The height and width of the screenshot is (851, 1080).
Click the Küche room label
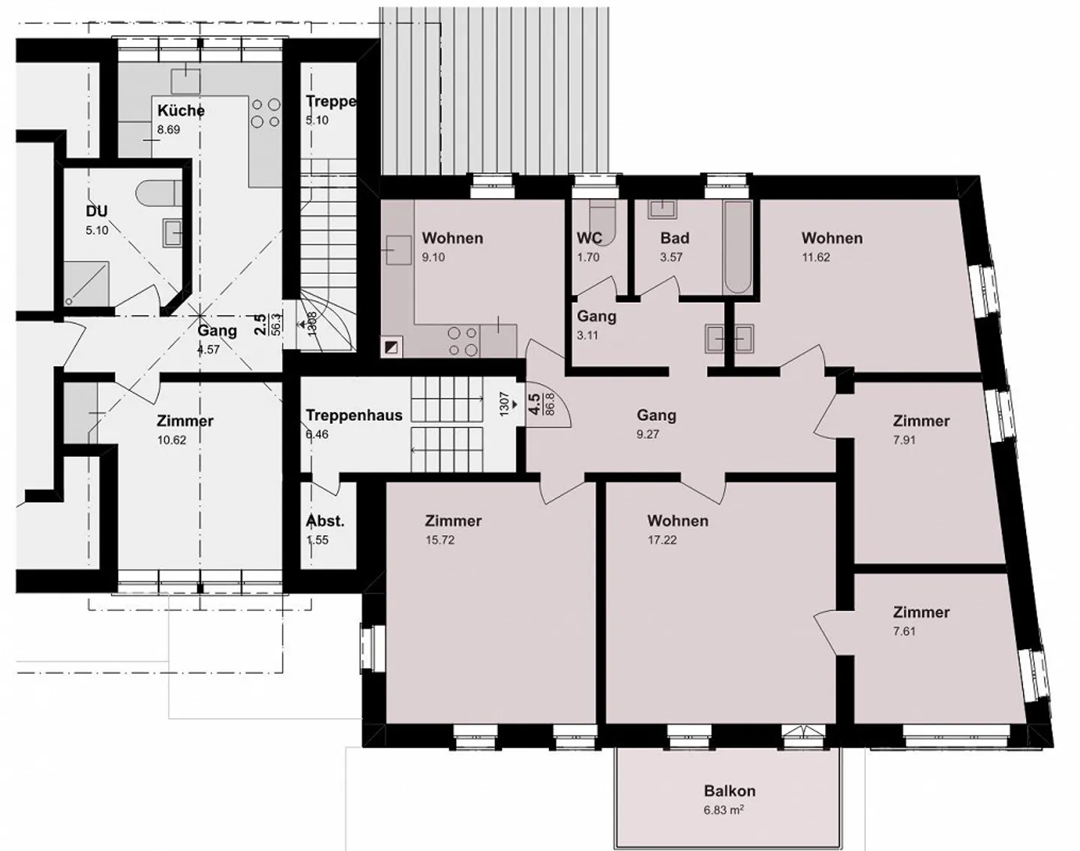click(x=181, y=110)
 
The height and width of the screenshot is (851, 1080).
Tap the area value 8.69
click(x=168, y=130)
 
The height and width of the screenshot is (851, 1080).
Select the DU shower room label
click(x=97, y=211)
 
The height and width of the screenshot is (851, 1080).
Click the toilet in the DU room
click(x=158, y=192)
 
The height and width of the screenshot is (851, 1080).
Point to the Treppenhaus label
click(x=353, y=415)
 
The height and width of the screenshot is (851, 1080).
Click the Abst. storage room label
click(x=325, y=521)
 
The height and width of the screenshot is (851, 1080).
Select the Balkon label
click(x=729, y=791)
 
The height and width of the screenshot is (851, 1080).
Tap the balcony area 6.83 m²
click(x=724, y=810)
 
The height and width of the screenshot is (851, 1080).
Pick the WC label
click(x=589, y=238)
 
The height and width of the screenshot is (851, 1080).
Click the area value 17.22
click(x=661, y=540)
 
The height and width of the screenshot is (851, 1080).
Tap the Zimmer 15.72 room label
click(x=453, y=521)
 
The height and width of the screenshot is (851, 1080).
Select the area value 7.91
click(x=904, y=441)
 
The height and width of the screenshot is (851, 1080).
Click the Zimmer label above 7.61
click(x=921, y=612)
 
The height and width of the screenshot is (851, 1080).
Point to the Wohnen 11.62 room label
click(x=832, y=238)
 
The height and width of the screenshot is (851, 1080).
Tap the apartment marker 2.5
click(x=259, y=323)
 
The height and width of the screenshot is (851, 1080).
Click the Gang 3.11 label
click(x=596, y=316)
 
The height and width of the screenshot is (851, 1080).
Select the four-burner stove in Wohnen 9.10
click(x=462, y=341)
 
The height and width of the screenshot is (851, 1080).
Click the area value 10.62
click(x=172, y=441)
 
